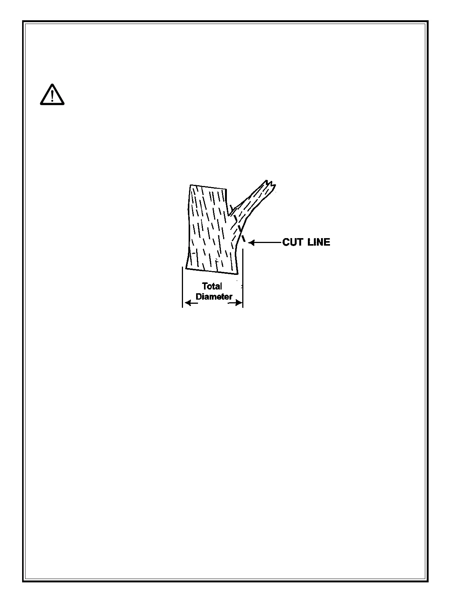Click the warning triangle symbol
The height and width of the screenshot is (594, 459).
tap(52, 94)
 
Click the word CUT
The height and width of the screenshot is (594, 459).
tap(292, 242)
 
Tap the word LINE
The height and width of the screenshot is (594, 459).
tap(319, 242)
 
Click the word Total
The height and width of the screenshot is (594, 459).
tap(212, 286)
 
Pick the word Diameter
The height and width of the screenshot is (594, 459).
tap(214, 297)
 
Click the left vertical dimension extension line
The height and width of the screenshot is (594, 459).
tap(182, 287)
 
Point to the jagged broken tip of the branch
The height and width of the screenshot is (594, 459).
tap(271, 184)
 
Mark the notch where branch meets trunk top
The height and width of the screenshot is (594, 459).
tap(228, 216)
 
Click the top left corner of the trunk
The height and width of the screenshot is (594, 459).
tap(190, 185)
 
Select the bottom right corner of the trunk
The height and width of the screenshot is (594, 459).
tap(237, 274)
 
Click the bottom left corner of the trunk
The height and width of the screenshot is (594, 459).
tap(186, 268)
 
